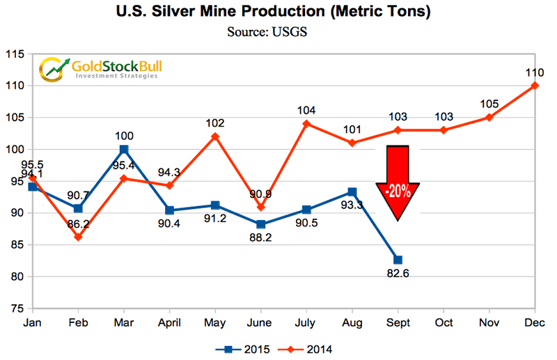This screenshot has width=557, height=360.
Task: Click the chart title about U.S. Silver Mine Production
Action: pos(279,13)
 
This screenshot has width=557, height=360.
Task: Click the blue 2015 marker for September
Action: pos(398,260)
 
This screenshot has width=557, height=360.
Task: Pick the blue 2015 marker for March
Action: pos(124,149)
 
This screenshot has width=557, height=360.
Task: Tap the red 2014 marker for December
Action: pos(535,86)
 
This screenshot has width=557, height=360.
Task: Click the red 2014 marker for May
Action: pos(215,136)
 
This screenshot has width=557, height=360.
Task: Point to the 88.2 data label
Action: pos(261,240)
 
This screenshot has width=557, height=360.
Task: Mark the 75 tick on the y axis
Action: pos(17,308)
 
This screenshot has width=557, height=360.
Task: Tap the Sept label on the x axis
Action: pos(398,322)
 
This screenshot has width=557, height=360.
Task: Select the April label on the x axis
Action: pos(170,322)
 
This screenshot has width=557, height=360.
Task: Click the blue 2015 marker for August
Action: pos(352,191)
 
